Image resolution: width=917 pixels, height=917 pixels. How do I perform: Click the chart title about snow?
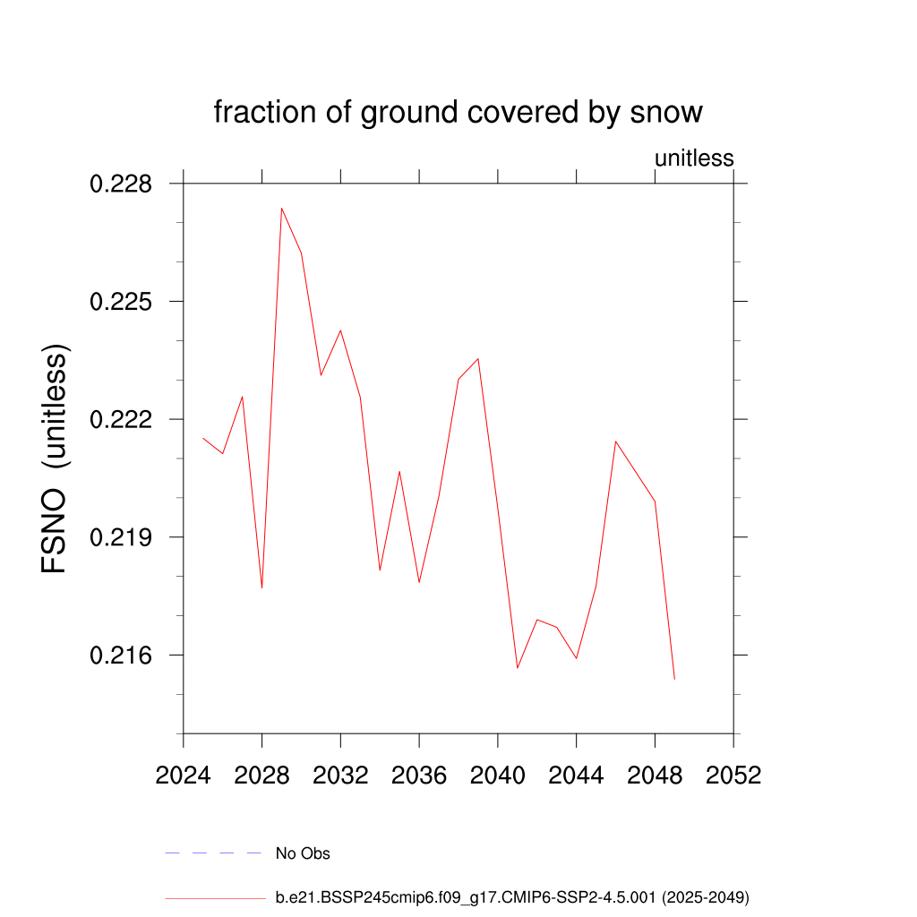[x=458, y=113]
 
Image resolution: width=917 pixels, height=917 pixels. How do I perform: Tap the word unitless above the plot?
[x=694, y=159]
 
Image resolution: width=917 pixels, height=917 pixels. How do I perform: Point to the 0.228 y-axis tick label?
[x=121, y=184]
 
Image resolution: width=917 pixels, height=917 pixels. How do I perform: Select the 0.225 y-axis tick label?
[x=121, y=302]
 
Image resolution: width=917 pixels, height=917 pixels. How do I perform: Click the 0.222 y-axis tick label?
[x=121, y=420]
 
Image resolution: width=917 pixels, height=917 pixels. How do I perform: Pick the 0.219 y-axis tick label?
[x=121, y=537]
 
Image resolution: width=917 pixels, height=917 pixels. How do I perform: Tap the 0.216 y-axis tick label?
[x=121, y=656]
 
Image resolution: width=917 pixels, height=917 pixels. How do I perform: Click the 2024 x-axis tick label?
[x=184, y=776]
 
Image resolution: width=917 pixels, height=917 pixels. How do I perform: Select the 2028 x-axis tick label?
[x=261, y=776]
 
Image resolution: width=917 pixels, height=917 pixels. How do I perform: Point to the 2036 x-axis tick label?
[x=419, y=776]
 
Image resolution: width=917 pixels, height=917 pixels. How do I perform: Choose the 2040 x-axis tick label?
[x=498, y=776]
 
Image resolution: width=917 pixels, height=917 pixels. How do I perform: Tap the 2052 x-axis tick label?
[x=733, y=776]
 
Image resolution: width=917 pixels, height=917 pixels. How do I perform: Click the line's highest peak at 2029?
[x=281, y=208]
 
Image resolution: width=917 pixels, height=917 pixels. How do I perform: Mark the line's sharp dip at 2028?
[x=261, y=588]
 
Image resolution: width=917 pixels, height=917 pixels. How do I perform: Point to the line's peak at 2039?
[x=478, y=358]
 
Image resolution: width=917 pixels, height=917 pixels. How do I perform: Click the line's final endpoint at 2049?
[x=674, y=679]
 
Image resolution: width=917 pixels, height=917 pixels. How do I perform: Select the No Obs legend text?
[x=303, y=853]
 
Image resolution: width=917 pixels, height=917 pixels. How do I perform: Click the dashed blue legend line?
[x=212, y=853]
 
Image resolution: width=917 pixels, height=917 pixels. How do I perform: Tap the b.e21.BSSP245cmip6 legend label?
[x=511, y=896]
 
